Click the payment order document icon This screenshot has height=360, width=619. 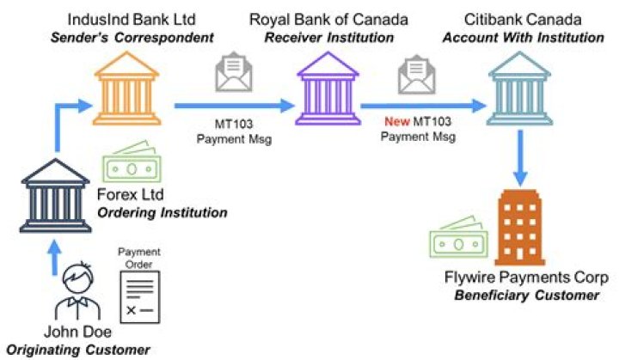(x=139, y=296)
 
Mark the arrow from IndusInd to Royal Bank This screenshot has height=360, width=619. (x=231, y=107)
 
